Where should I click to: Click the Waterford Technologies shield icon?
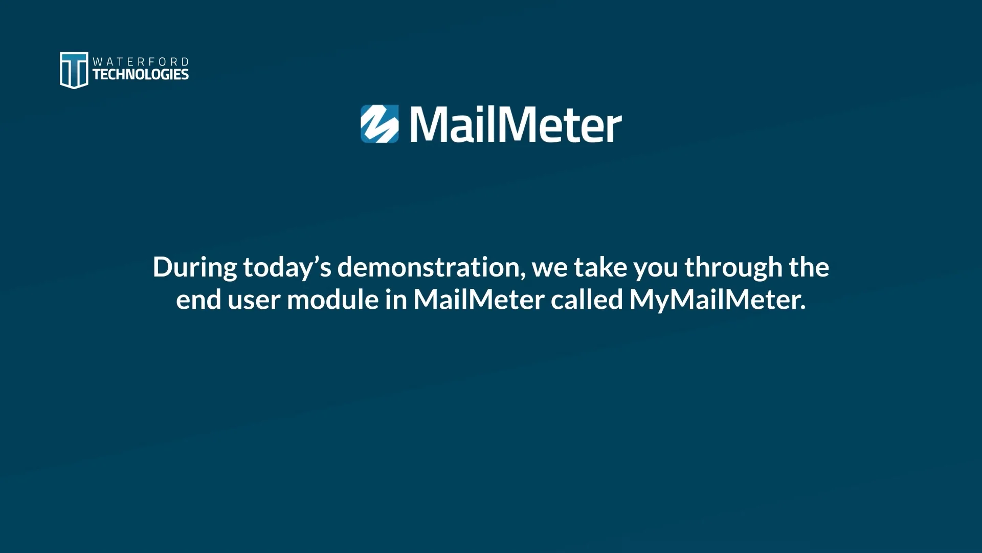(74, 70)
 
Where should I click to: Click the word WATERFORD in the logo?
(141, 61)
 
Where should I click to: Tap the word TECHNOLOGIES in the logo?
(141, 75)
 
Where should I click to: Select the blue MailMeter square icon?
(380, 124)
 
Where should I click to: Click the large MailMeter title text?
(516, 125)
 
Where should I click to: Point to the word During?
(194, 268)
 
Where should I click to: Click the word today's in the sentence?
(287, 268)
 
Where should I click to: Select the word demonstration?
(429, 267)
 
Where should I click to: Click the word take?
(600, 267)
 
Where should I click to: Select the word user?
(254, 300)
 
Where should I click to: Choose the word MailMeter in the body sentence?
(479, 300)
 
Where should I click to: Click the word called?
(587, 300)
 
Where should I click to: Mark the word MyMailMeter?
(716, 300)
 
